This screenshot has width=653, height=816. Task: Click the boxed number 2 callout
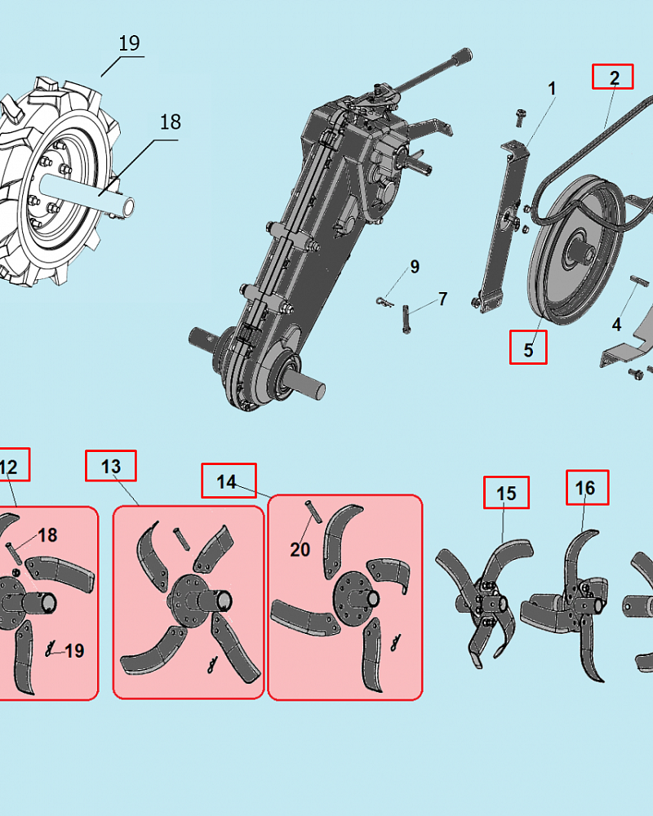[x=614, y=78]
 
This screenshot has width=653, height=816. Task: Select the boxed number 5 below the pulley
[x=528, y=348]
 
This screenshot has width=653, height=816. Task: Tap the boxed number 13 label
[x=111, y=466]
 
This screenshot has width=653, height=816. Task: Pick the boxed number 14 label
[x=229, y=481]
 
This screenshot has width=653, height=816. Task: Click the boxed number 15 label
[x=506, y=493]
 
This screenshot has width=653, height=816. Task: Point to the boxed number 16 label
[x=586, y=487]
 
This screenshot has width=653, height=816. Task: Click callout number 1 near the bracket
[x=553, y=88]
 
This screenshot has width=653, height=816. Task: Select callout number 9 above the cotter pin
[x=415, y=267]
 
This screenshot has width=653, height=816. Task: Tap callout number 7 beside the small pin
[x=442, y=299]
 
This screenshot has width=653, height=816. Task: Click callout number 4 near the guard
[x=617, y=324]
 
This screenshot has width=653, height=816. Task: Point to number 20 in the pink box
[x=300, y=549]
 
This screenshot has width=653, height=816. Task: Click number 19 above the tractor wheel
[x=129, y=43]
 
